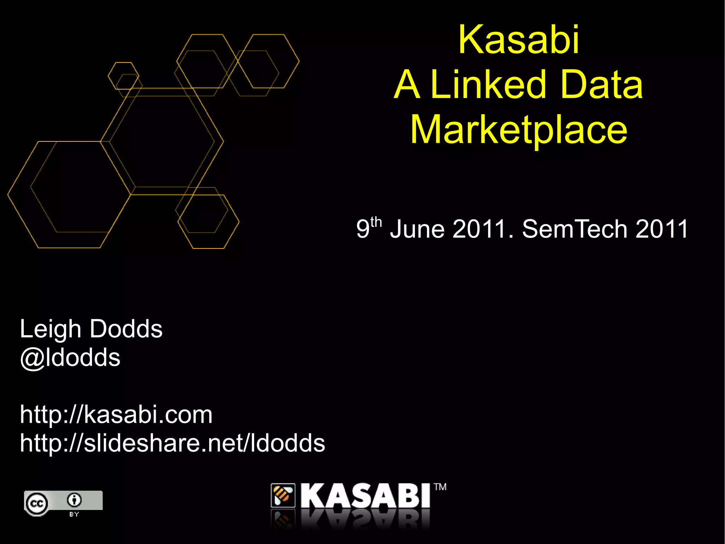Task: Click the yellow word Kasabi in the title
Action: tap(519, 40)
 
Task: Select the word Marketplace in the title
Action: tap(519, 130)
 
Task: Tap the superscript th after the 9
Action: tap(376, 223)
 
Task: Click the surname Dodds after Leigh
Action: tap(126, 329)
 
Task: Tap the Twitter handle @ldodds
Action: tap(70, 358)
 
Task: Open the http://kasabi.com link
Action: tap(116, 415)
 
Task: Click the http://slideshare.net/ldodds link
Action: tap(172, 443)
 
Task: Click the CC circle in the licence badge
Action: tap(37, 503)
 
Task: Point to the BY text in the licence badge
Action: tap(74, 514)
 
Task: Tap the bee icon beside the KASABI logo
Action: tap(283, 495)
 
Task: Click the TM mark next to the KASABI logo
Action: tap(440, 487)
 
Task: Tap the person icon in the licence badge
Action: tap(74, 500)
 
